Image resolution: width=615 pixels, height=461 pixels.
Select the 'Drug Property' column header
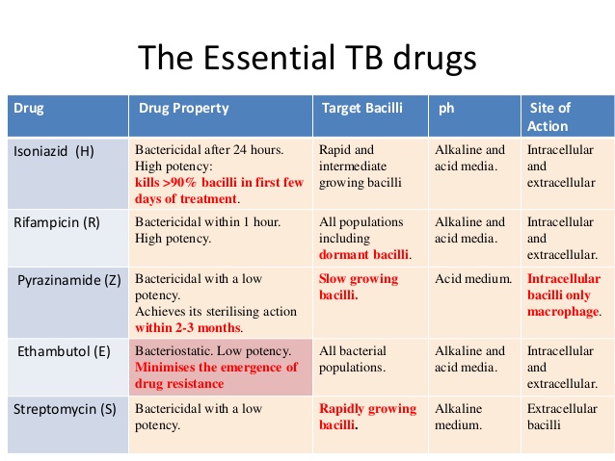pyautogui.click(x=184, y=108)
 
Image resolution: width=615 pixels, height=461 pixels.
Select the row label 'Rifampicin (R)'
pyautogui.click(x=58, y=221)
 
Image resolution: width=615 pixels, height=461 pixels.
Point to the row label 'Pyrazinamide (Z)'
pyautogui.click(x=66, y=279)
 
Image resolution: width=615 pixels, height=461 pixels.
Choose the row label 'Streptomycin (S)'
pyautogui.click(x=65, y=408)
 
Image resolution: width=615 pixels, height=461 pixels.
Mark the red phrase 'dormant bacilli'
pyautogui.click(x=364, y=254)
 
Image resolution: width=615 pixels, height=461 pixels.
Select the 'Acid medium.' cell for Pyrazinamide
pyautogui.click(x=473, y=279)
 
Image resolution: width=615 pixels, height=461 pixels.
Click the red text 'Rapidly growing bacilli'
pyautogui.click(x=366, y=416)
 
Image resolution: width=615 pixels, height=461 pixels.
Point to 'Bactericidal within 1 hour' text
pyautogui.click(x=207, y=221)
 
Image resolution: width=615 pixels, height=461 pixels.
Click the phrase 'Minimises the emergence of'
pyautogui.click(x=216, y=367)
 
